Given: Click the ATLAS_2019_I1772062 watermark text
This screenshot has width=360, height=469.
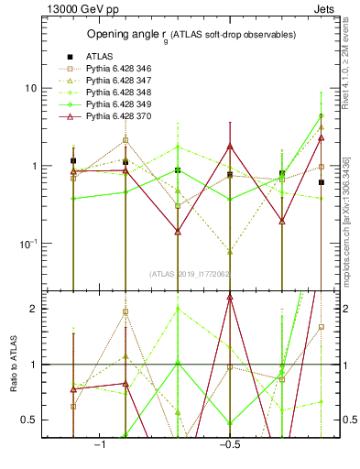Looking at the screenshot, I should (x=190, y=273).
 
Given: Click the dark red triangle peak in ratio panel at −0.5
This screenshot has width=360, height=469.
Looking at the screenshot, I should (x=230, y=297).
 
